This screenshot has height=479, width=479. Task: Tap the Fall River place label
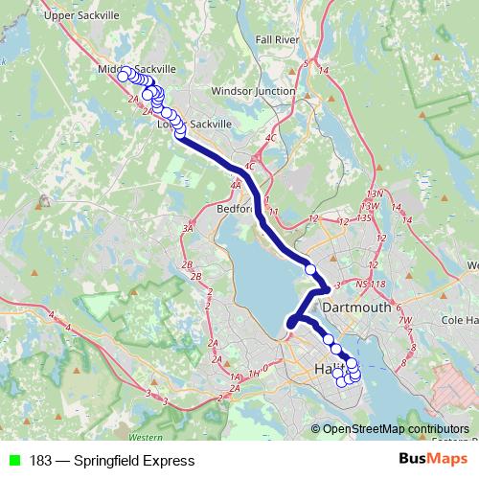click(x=278, y=40)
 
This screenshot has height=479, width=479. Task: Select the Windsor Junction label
click(x=253, y=91)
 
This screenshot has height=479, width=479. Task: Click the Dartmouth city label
click(x=357, y=308)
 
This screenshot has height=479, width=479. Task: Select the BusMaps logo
click(x=433, y=460)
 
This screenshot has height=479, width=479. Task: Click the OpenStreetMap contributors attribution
click(x=396, y=429)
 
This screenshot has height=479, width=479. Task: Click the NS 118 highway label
click(x=370, y=285)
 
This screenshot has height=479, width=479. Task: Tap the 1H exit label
click(x=254, y=374)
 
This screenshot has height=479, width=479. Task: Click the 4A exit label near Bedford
click(x=236, y=185)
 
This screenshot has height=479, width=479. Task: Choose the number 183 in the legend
click(x=40, y=461)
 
